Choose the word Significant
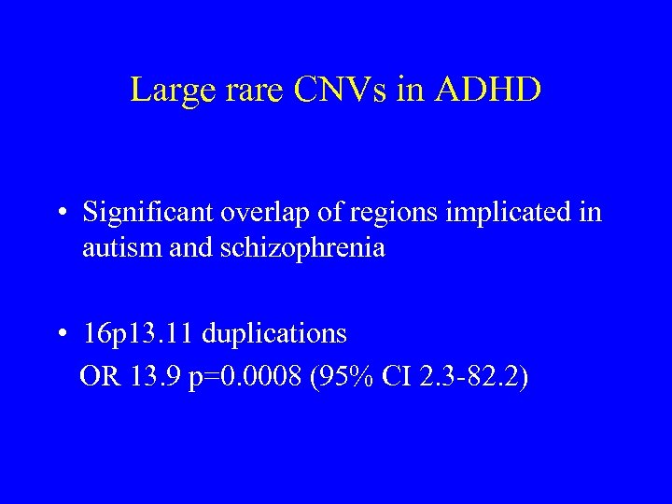tap(149, 213)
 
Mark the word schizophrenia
tap(307, 249)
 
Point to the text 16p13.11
tap(138, 333)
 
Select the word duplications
tap(274, 333)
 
